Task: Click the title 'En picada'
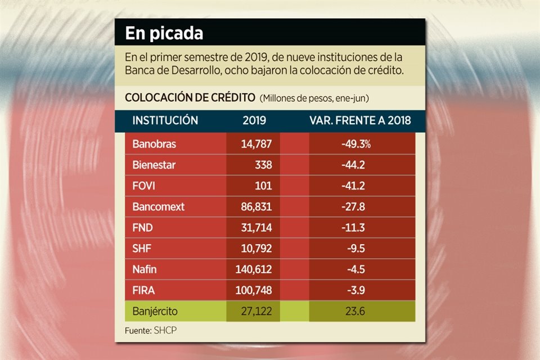coord(164,34)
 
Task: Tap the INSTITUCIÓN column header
coord(165,120)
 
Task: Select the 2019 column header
coord(254,120)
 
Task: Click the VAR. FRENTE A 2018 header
coord(360,120)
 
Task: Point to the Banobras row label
coord(154,144)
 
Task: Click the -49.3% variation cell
coord(355,144)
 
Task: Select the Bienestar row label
coord(154,165)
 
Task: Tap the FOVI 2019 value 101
coord(263,186)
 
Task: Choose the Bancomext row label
coord(159,206)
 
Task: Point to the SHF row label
coord(141,248)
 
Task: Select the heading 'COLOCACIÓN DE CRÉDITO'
coord(190,97)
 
